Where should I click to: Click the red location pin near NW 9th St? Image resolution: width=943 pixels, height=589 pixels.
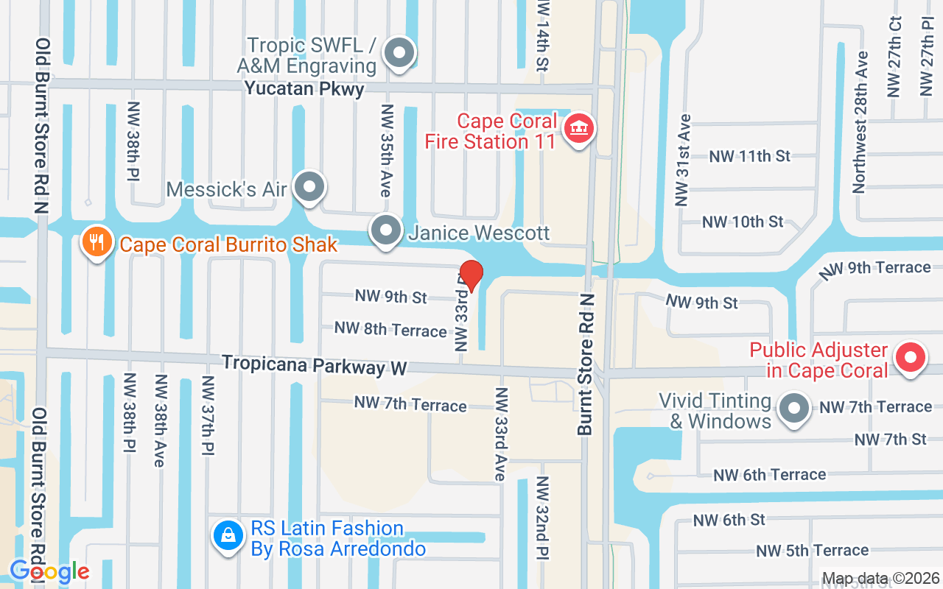point(471,275)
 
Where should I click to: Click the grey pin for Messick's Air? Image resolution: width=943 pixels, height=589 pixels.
point(309,187)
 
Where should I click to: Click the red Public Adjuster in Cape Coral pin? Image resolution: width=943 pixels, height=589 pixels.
point(910,359)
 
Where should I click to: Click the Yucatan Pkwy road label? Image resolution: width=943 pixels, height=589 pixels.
point(304,89)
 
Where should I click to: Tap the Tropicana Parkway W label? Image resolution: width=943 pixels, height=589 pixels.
point(315,364)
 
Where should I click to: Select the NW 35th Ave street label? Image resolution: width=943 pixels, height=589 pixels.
point(385,150)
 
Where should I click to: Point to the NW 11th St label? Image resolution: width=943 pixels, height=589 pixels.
point(749,156)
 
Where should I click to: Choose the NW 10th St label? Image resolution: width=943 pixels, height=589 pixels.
point(743,222)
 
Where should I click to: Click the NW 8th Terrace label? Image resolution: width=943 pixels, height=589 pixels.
point(390,329)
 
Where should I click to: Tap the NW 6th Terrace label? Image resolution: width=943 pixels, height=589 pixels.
point(770,475)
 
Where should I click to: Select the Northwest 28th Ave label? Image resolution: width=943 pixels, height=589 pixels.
point(859,122)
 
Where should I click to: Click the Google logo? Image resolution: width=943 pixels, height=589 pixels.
point(49,571)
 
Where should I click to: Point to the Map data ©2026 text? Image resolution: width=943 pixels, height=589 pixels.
point(880,579)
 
